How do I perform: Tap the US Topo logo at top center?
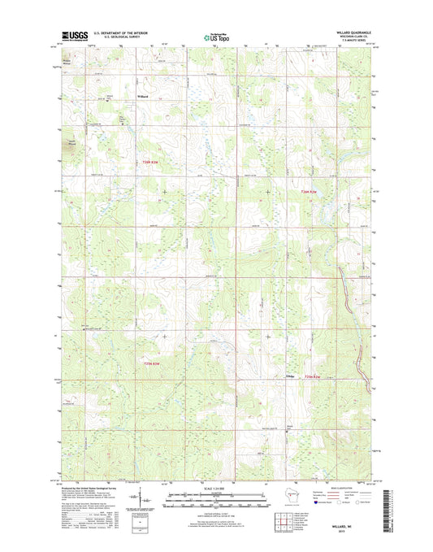point(216,36)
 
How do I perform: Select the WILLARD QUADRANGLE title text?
point(351,32)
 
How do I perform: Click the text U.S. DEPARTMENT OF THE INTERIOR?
point(118,33)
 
